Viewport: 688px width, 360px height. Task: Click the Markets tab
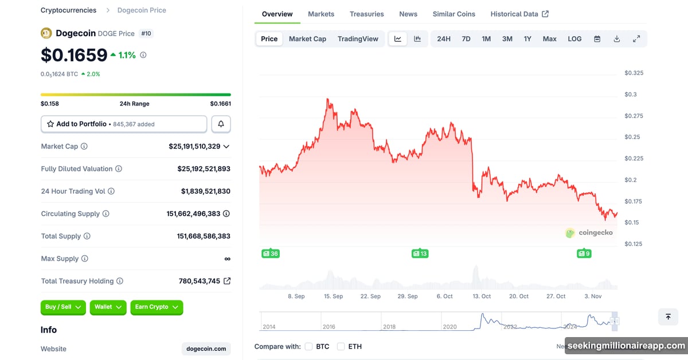(x=321, y=14)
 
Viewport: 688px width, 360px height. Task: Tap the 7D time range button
(x=466, y=39)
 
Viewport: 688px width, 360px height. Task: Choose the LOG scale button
(x=574, y=39)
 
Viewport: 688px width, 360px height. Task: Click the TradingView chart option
(x=358, y=39)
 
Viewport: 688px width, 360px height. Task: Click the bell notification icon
(x=221, y=124)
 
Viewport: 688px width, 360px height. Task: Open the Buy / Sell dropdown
(x=63, y=307)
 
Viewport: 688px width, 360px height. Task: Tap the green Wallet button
(x=108, y=307)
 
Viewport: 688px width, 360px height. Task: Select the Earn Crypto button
(x=157, y=307)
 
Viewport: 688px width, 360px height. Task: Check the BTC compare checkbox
(x=308, y=346)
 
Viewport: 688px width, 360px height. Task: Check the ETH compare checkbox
(x=341, y=346)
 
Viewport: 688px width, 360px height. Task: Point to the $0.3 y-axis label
(x=631, y=95)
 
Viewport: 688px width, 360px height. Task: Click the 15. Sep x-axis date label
(x=333, y=296)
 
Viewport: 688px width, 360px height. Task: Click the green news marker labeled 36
(x=270, y=253)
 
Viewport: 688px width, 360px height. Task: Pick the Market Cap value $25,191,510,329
(x=194, y=147)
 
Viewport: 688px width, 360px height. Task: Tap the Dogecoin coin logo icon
(x=46, y=33)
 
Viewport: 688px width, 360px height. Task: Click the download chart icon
(x=617, y=39)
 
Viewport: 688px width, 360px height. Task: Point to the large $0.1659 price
(x=74, y=55)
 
